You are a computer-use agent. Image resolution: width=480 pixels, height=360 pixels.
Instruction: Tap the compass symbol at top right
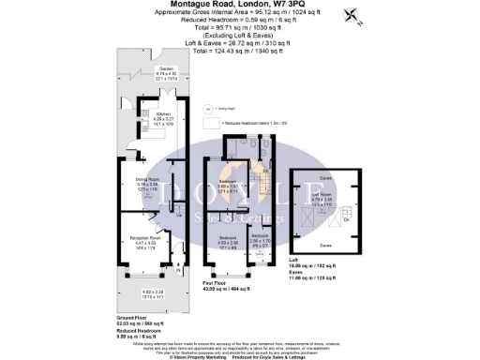pyautogui.click(x=351, y=14)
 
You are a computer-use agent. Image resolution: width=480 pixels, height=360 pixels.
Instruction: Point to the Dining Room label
pyautogui.click(x=144, y=182)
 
